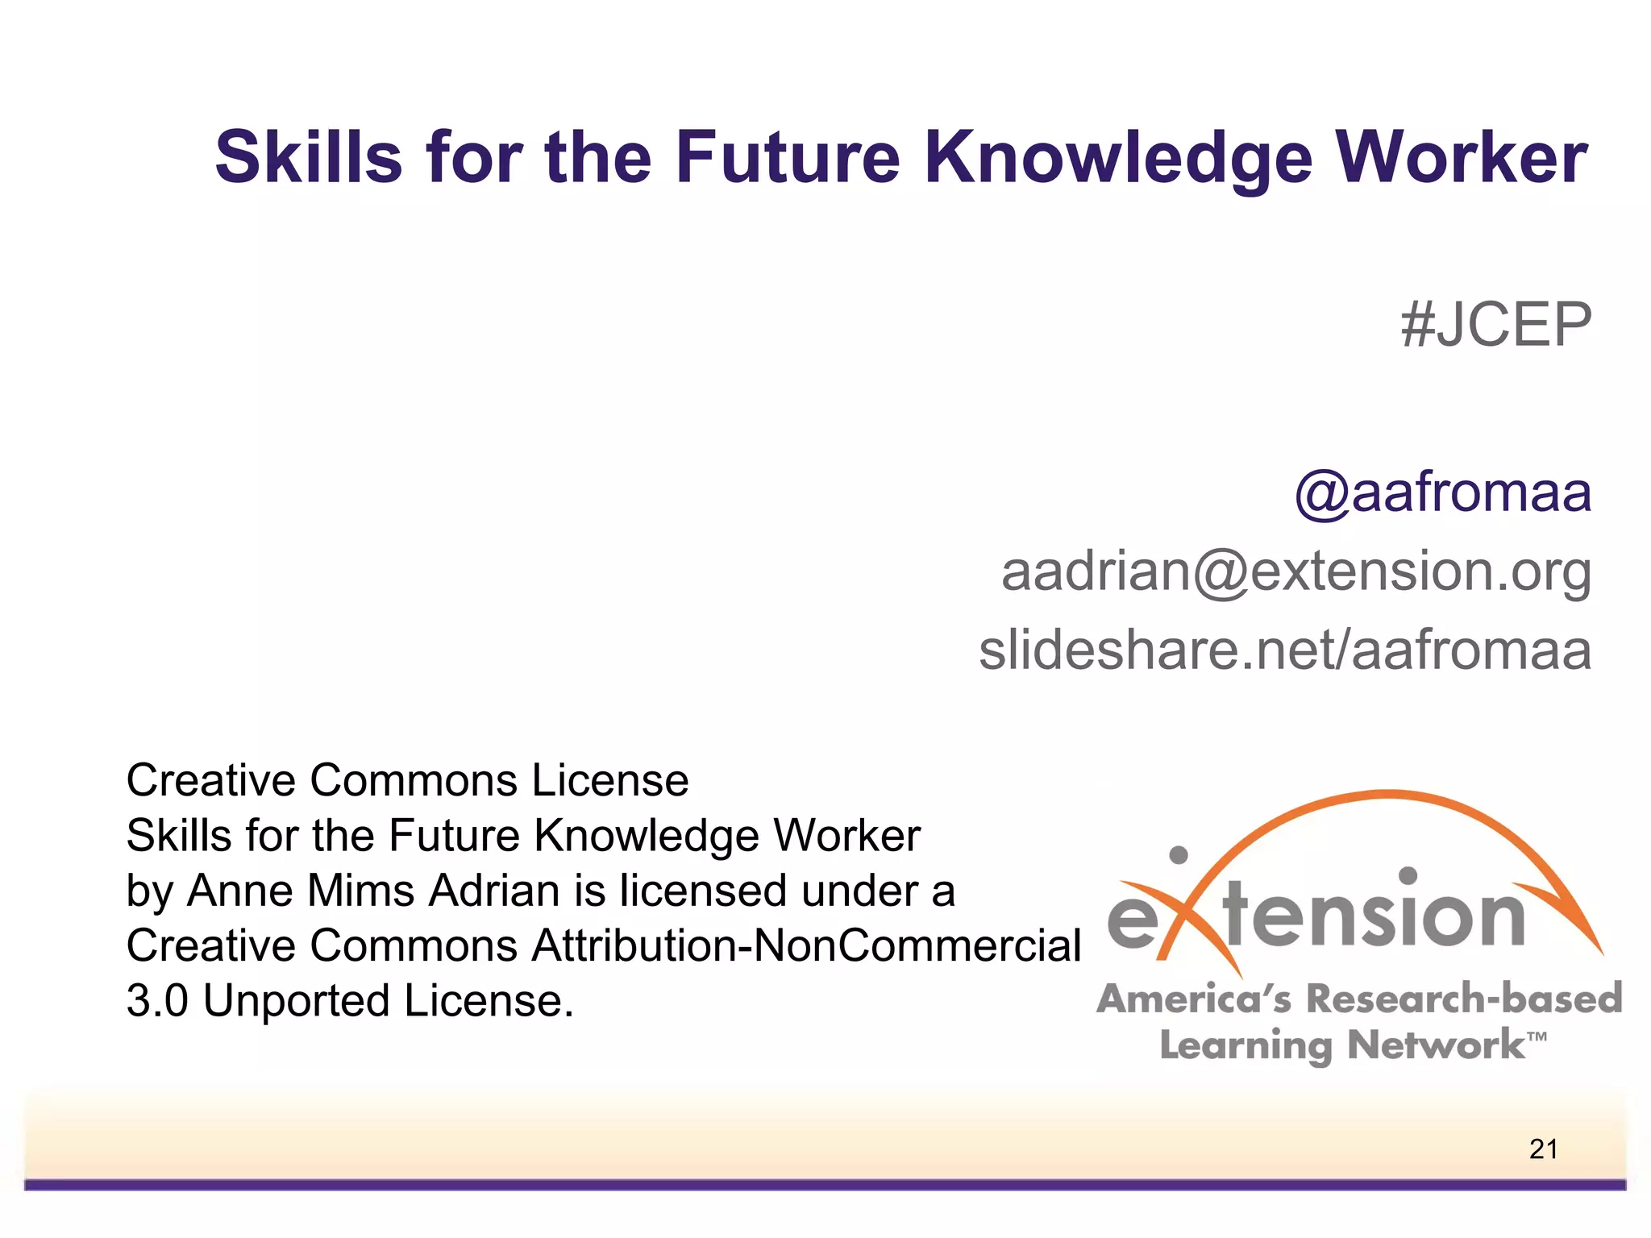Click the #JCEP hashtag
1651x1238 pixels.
click(1495, 325)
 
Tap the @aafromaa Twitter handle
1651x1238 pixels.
click(1442, 493)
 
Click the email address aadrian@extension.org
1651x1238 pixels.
click(1295, 571)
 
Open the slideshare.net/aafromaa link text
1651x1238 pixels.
click(1285, 650)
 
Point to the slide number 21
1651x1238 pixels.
click(1543, 1149)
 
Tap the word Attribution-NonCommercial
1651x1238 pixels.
click(805, 945)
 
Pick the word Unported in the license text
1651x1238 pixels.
click(296, 1000)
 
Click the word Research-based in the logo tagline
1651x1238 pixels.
click(1463, 998)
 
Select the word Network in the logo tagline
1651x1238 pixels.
click(1436, 1045)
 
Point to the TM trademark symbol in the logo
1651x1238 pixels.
click(1537, 1036)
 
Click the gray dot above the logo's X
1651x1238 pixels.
click(1179, 854)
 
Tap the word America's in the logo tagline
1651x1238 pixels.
click(1194, 998)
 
